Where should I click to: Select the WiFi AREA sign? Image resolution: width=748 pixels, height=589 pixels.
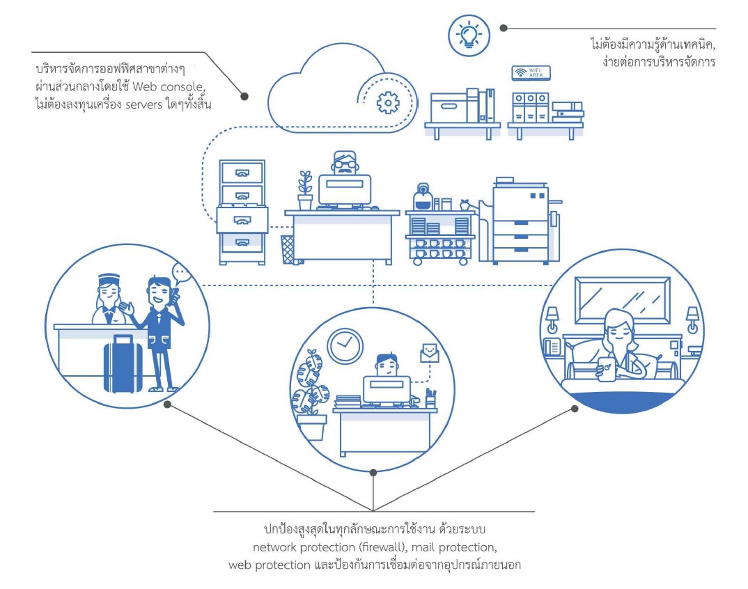pos(531,73)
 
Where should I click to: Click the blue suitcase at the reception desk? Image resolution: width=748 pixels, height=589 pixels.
pos(123,363)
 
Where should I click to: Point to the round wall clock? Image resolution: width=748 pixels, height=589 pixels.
pos(345,345)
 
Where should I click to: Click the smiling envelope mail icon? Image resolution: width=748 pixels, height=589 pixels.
pos(431,352)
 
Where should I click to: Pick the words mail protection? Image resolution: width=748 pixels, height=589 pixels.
pos(456,547)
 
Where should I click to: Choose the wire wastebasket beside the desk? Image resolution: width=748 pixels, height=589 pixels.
pos(287,249)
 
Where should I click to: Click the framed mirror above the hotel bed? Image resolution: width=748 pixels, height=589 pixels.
pos(622,300)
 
